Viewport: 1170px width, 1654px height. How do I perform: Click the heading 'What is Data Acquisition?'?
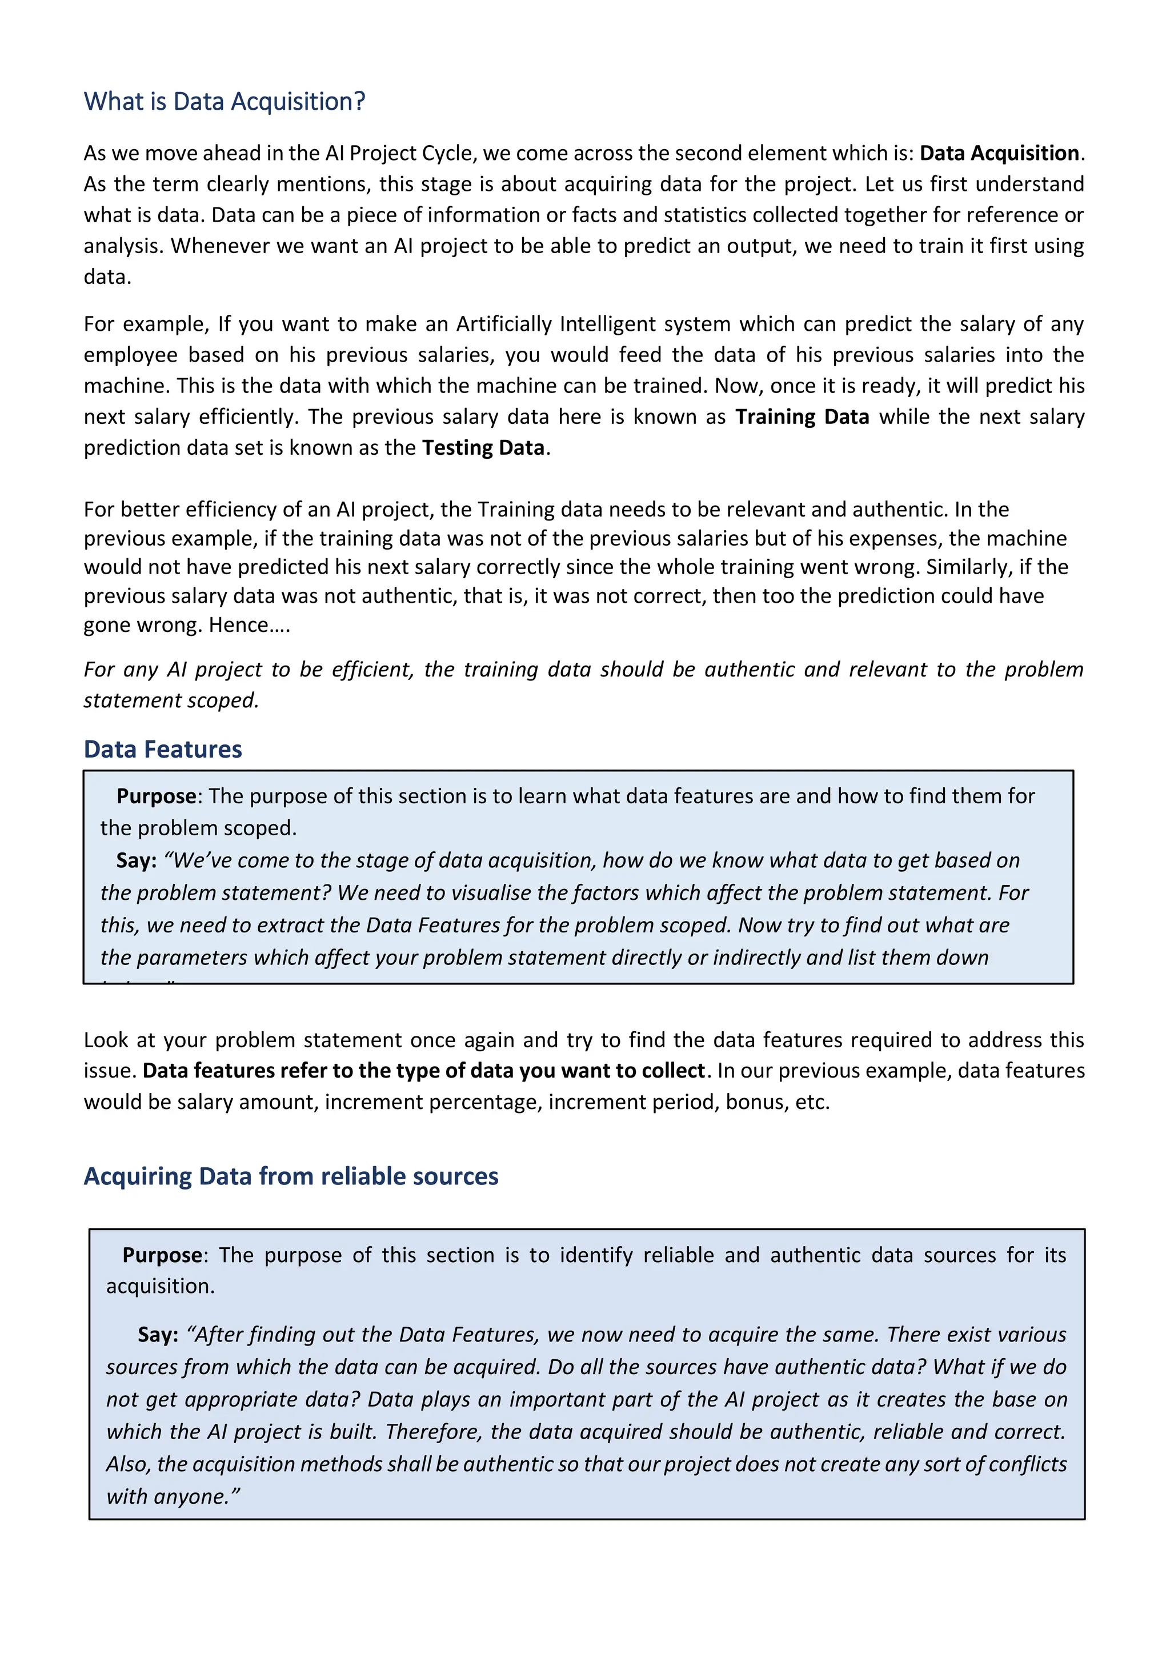point(224,102)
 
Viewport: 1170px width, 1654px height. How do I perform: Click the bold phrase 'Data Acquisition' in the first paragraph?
point(999,154)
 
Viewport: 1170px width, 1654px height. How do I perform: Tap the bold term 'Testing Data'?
point(483,448)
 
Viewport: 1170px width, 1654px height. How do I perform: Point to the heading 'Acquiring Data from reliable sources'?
point(291,1176)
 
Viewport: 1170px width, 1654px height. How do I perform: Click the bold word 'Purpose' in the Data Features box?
point(157,796)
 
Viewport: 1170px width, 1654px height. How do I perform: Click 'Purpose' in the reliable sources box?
point(162,1255)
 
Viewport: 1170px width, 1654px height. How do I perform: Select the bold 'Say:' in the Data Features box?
point(136,860)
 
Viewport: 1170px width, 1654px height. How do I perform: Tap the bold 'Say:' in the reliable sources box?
point(158,1335)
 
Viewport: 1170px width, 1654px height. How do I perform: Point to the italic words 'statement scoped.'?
point(171,700)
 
